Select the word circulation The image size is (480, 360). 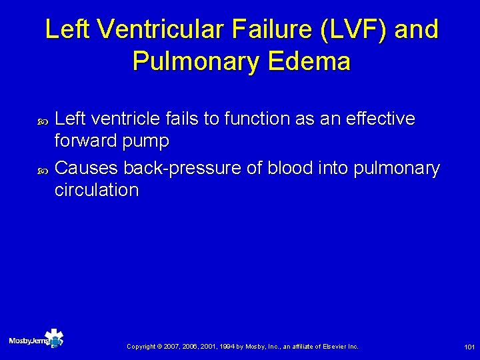(x=97, y=190)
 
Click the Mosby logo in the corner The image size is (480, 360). (x=36, y=340)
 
